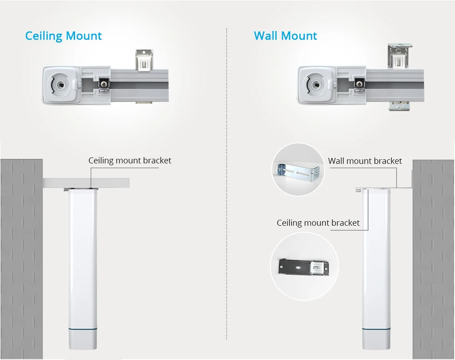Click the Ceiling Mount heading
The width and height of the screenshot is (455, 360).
(63, 36)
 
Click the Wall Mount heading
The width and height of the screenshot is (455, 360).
(285, 36)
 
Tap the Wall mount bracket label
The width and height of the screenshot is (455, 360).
(365, 161)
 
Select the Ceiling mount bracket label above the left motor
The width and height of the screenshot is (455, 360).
(130, 161)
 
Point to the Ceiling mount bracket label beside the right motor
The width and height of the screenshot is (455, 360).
(318, 223)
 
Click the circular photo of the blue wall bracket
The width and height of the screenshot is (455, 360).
(298, 170)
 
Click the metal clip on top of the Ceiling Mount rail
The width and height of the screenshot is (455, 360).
(146, 60)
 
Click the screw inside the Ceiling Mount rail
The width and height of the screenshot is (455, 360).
(104, 84)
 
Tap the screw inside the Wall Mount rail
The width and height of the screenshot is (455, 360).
(359, 84)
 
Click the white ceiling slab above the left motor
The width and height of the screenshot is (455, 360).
(86, 183)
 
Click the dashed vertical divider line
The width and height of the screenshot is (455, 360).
(227, 182)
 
